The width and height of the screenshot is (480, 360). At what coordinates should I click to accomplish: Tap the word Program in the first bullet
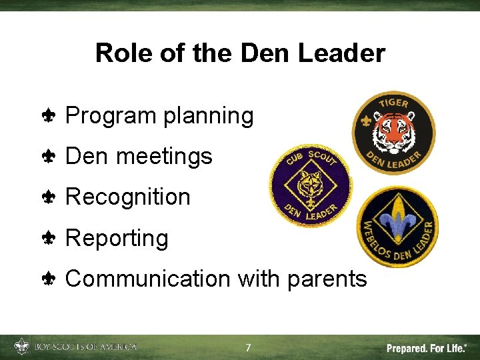pyautogui.click(x=111, y=116)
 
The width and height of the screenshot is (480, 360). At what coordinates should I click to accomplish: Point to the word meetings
pyautogui.click(x=164, y=157)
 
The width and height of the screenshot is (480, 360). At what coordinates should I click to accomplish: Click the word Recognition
pyautogui.click(x=128, y=197)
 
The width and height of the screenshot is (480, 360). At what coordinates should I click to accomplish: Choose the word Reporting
pyautogui.click(x=117, y=238)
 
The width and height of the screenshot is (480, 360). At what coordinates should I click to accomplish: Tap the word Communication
pyautogui.click(x=147, y=279)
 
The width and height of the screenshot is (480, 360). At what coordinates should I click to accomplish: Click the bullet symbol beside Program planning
pyautogui.click(x=49, y=117)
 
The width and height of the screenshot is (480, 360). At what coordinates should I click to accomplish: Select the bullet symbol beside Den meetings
pyautogui.click(x=49, y=157)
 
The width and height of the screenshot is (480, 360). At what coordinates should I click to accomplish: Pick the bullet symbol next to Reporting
pyautogui.click(x=49, y=239)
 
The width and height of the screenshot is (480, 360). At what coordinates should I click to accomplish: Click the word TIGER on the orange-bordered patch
pyautogui.click(x=393, y=104)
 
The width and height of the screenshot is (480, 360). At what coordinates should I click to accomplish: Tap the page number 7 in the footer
pyautogui.click(x=248, y=348)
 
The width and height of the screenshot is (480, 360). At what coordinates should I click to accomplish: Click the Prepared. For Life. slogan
pyautogui.click(x=427, y=348)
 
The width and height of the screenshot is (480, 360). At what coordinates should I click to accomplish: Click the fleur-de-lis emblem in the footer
pyautogui.click(x=21, y=347)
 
